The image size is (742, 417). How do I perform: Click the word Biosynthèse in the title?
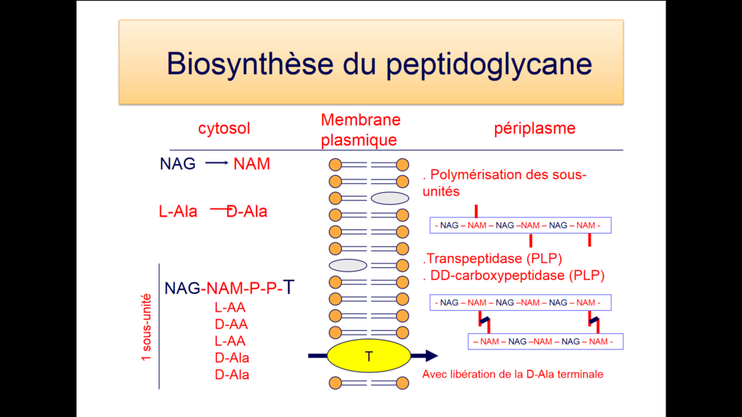point(250,63)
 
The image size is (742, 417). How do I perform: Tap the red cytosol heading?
point(224,128)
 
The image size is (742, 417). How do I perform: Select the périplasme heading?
point(535,128)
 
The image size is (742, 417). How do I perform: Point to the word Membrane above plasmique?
point(361,119)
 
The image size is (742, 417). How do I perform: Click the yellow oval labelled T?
point(369,356)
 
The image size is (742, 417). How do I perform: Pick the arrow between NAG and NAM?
point(217,162)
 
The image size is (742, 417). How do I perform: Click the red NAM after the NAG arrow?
point(252,164)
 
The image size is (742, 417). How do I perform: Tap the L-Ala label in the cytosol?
point(178,211)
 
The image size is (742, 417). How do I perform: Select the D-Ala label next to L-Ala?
point(246,211)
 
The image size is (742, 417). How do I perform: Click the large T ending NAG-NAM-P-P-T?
point(289,287)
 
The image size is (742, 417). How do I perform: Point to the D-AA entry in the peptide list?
point(231,324)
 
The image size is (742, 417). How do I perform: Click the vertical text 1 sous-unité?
point(146,327)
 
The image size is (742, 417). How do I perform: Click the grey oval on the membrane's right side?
point(390,198)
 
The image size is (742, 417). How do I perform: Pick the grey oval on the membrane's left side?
point(348,266)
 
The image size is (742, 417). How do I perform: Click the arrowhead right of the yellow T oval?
point(432,355)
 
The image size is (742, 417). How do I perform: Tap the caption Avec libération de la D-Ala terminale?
point(513,375)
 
